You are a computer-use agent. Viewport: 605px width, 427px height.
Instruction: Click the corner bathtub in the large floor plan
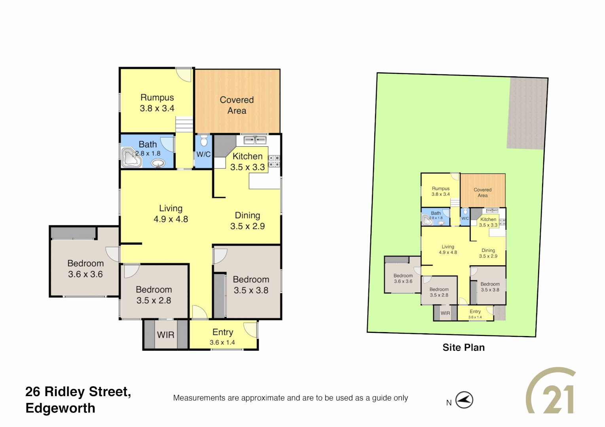tap(131, 158)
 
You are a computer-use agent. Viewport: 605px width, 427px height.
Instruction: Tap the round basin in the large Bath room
tap(158, 163)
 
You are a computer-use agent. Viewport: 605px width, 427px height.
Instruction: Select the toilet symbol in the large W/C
tap(204, 141)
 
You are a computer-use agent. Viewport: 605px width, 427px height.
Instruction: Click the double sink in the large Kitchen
tap(254, 140)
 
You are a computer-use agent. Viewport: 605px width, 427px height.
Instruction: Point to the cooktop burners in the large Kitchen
tap(274, 161)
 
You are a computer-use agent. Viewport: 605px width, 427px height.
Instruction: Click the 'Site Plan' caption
tap(463, 348)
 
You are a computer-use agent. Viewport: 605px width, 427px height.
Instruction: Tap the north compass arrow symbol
tap(464, 400)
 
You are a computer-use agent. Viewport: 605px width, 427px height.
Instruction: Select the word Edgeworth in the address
tap(60, 408)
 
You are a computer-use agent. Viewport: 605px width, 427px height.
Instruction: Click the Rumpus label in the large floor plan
tap(157, 98)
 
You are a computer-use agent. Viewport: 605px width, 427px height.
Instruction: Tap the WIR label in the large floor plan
tap(165, 335)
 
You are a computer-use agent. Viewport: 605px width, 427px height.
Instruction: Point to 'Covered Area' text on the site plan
tap(482, 193)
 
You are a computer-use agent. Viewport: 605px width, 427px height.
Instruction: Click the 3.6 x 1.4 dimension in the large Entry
tap(222, 343)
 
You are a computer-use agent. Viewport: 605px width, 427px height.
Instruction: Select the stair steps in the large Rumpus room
tap(184, 125)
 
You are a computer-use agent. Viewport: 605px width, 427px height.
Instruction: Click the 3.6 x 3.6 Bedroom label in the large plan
tap(85, 269)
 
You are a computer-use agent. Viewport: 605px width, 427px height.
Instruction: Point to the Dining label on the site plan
tap(488, 250)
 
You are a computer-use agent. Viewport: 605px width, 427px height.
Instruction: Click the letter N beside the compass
tap(449, 403)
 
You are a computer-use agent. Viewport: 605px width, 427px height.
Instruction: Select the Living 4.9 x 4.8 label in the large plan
tap(171, 213)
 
